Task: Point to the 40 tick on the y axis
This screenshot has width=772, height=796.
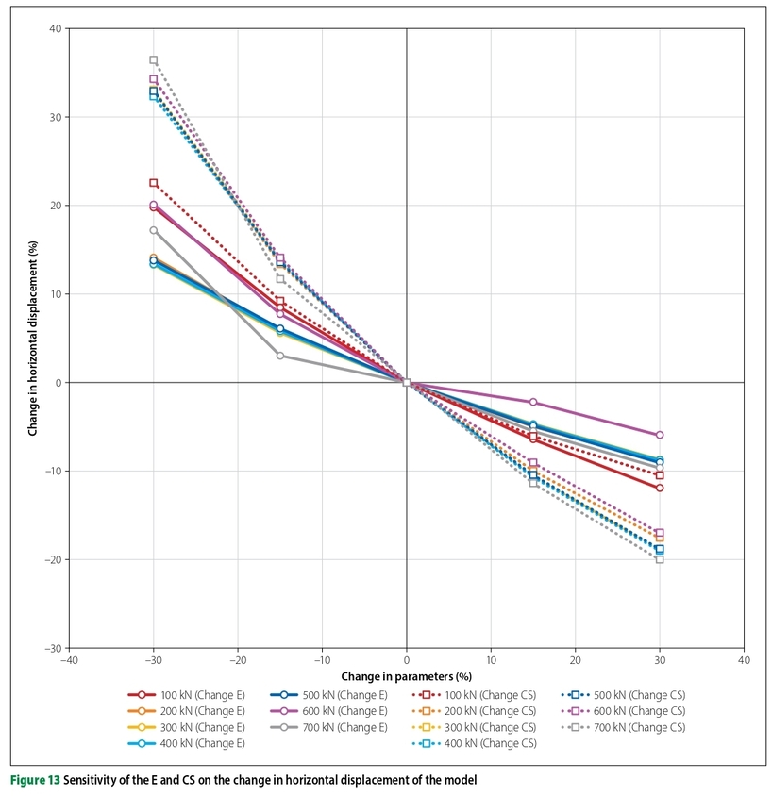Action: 56,28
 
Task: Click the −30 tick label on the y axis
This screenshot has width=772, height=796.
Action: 52,648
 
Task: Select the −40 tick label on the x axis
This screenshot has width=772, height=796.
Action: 69,661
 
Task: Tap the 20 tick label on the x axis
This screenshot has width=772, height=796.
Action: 575,661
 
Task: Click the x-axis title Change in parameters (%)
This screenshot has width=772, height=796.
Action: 407,675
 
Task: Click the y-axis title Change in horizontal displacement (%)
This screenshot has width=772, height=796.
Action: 33,338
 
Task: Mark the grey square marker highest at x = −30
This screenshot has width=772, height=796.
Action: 154,60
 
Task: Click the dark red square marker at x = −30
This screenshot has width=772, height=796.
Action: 154,183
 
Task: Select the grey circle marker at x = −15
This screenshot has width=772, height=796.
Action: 280,356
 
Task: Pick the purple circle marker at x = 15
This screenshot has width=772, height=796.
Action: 533,402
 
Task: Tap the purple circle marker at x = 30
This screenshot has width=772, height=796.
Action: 660,435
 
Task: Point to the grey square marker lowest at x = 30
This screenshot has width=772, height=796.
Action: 660,559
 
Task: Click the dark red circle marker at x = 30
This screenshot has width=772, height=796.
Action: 660,488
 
